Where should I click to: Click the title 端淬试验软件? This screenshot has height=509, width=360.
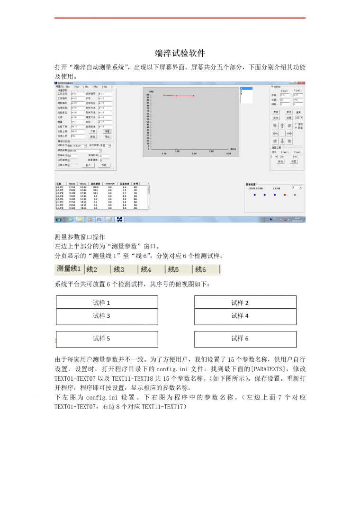[x=180, y=53]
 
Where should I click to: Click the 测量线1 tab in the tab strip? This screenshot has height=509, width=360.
[x=69, y=269]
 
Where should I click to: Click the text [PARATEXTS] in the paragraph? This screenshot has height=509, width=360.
[x=270, y=368]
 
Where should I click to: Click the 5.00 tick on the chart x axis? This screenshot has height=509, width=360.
[x=194, y=153]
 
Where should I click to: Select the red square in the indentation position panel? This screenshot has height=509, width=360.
[x=285, y=194]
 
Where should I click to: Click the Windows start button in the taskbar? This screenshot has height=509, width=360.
[x=59, y=220]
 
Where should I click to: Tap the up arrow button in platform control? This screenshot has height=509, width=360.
[x=282, y=126]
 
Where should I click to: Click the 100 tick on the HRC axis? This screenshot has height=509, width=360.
[x=147, y=94]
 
